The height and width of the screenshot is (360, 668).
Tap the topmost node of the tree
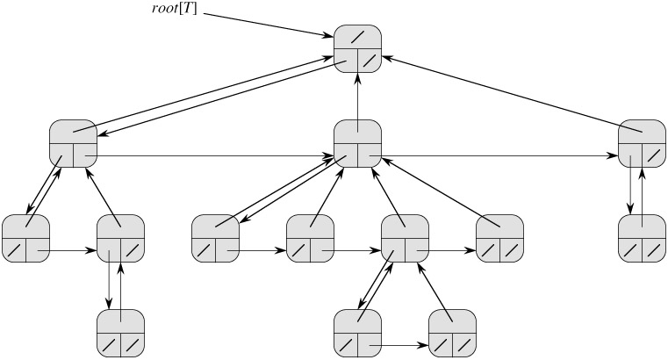[358, 48]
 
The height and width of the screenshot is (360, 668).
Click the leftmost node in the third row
[25, 236]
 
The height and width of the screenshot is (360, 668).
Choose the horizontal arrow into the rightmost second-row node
[496, 156]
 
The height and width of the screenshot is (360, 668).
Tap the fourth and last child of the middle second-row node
[499, 236]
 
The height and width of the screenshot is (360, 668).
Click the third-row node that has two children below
[405, 236]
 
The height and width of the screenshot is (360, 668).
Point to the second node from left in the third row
[120, 236]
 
